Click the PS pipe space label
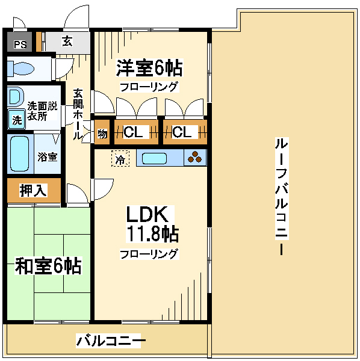coord(20,44)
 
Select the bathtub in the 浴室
coord(20,153)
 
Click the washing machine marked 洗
coord(17,120)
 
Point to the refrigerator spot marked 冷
coord(120,158)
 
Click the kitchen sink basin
coord(154,159)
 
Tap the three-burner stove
coord(195,158)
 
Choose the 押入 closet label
coord(33,190)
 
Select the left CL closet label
coord(133,132)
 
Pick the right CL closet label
coord(182,132)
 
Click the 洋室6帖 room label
coord(149,68)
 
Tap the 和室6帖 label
coord(48,266)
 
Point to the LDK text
coord(147,214)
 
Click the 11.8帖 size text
coord(152,233)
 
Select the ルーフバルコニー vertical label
coord(282,196)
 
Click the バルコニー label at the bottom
coord(111,341)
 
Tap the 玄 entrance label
coord(67,42)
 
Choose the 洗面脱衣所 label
coord(42,111)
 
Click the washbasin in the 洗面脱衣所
coord(15,97)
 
